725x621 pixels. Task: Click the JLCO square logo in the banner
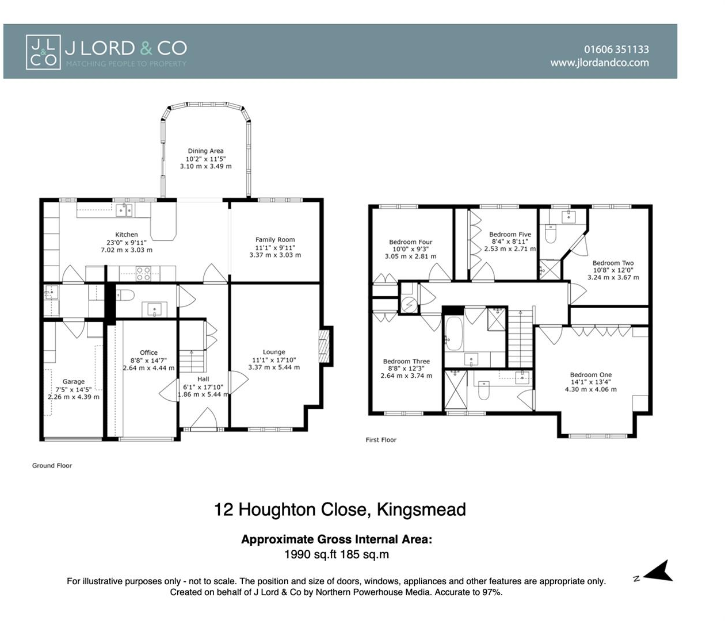pos(43,52)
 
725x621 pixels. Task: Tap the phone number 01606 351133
pos(616,49)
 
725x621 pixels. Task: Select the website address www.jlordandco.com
pos(600,63)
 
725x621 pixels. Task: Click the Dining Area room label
pos(205,151)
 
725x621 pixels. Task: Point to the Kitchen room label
pos(126,235)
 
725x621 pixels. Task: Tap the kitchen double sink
pos(124,210)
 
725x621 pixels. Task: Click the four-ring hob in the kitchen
pos(143,273)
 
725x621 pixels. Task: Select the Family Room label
pos(275,240)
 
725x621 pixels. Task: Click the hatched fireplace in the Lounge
pos(325,346)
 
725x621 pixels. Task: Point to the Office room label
pos(148,352)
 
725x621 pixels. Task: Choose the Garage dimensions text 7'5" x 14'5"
pos(74,389)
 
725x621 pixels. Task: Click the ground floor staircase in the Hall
pos(192,361)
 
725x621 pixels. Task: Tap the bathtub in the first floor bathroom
pos(454,333)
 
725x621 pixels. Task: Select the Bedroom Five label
pos(510,234)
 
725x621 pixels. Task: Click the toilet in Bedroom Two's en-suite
pos(551,234)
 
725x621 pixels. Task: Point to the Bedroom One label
pos(591,375)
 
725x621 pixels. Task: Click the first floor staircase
pos(521,338)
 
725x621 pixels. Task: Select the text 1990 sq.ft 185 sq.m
pos(337,554)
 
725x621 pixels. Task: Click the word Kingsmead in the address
pos(421,509)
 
